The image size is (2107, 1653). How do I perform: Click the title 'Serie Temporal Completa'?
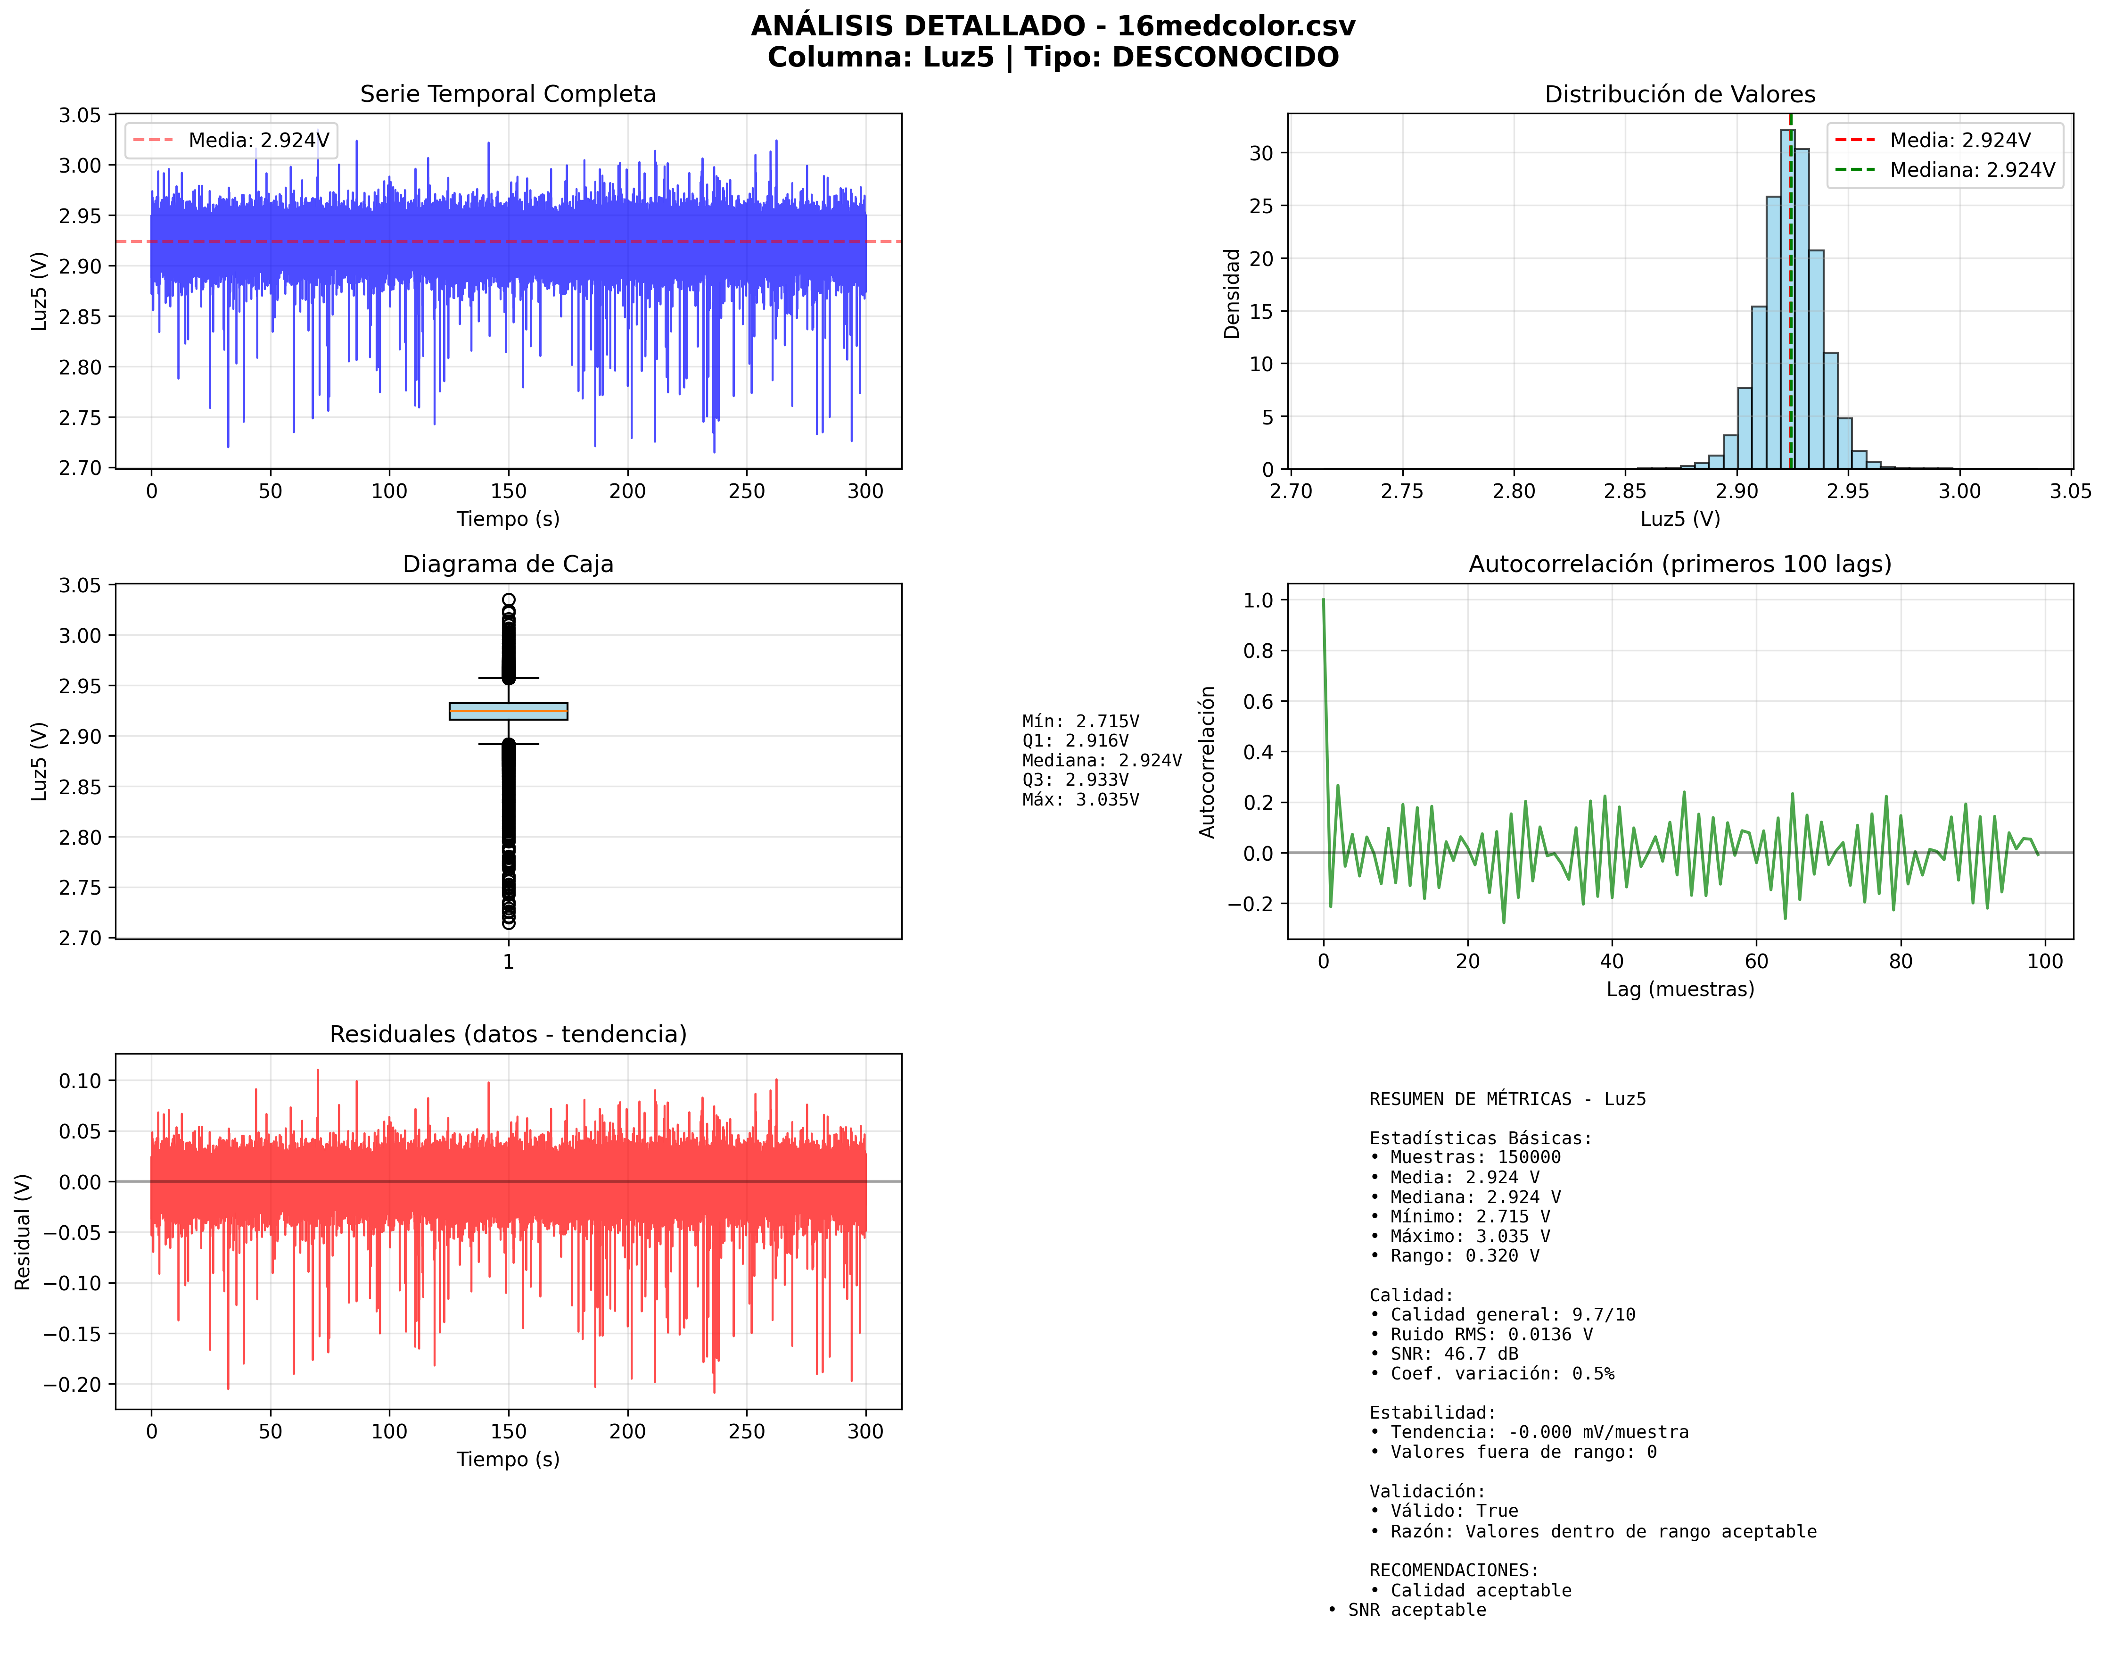point(508,94)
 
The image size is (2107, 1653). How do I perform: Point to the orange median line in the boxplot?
point(508,711)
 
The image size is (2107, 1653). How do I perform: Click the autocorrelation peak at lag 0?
point(1324,601)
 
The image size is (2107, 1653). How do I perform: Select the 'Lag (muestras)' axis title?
point(1680,989)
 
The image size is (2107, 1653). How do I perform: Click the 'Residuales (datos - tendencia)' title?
point(508,1035)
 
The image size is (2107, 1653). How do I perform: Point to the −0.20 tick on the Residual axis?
point(73,1384)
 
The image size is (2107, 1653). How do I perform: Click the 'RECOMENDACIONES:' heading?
point(1454,1570)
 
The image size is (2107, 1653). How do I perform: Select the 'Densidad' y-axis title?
point(1232,293)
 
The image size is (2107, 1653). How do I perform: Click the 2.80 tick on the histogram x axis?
point(1514,490)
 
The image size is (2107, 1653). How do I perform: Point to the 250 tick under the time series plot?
point(747,490)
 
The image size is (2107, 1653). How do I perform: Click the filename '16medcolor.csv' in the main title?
point(1236,26)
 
